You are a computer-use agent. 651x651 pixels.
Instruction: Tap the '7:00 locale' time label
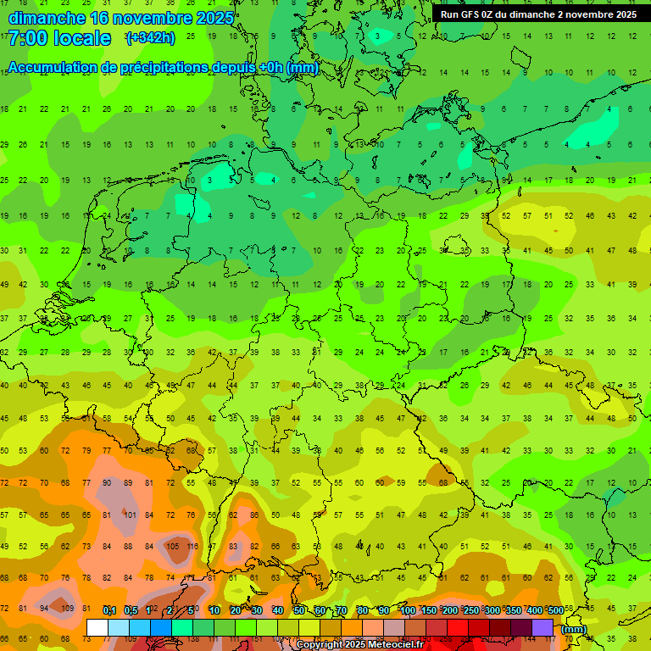click(60, 38)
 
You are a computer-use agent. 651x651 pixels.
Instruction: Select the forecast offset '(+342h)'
click(151, 38)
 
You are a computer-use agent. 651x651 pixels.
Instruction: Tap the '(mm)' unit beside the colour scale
click(574, 629)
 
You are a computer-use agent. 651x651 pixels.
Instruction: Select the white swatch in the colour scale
click(97, 627)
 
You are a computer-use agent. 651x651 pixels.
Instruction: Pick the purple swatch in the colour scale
click(542, 627)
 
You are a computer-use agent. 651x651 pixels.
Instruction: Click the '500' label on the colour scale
click(555, 611)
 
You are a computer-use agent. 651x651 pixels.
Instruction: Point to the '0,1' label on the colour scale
click(108, 611)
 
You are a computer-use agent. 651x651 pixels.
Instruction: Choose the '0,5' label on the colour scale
click(130, 611)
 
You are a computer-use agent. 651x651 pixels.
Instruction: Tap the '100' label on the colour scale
click(407, 611)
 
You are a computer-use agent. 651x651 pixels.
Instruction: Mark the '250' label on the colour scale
click(470, 611)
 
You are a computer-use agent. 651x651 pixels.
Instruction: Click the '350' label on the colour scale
click(513, 611)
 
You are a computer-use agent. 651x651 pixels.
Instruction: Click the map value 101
click(129, 515)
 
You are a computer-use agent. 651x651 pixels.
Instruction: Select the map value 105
click(172, 547)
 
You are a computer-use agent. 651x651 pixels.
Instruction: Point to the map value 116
click(193, 547)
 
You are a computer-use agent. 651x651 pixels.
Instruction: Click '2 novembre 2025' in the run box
click(593, 14)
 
